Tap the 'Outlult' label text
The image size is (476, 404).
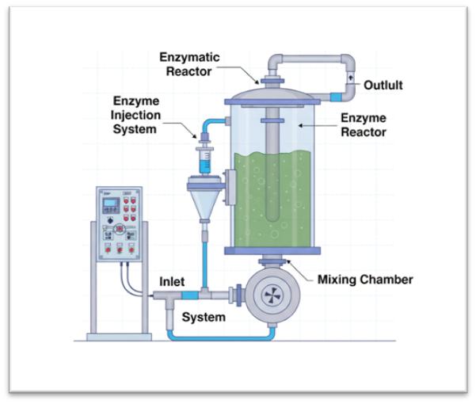[383, 85]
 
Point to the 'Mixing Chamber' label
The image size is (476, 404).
[365, 279]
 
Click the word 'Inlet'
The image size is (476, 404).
[172, 281]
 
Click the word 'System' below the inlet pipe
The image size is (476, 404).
[204, 317]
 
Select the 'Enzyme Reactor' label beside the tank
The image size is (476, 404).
[364, 125]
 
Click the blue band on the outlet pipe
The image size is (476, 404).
[336, 96]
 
